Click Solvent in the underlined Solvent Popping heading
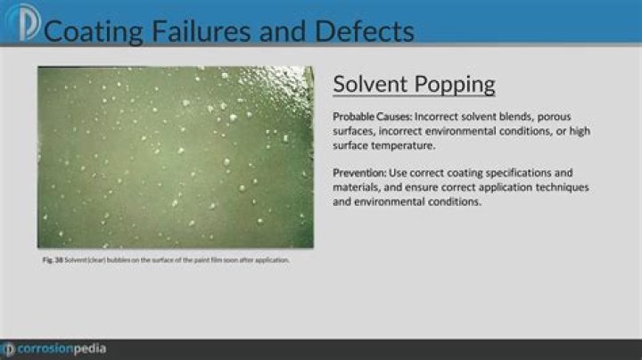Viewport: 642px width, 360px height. pos(370,85)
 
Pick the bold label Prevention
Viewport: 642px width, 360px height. pos(359,172)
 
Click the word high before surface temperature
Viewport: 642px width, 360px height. pos(575,132)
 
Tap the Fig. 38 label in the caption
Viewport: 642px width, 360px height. pos(52,260)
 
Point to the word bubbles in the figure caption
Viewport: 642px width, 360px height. pos(119,260)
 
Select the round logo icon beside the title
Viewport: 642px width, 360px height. pos(20,22)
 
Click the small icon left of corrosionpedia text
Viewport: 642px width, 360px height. pos(8,348)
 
